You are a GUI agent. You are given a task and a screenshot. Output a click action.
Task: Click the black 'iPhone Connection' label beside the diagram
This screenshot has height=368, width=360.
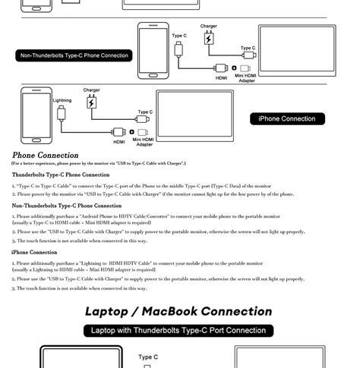click(287, 118)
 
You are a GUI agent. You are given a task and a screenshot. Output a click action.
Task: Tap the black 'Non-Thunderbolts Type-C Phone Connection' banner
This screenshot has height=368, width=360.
click(74, 55)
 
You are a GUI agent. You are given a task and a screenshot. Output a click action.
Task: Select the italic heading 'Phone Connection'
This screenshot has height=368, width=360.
click(45, 156)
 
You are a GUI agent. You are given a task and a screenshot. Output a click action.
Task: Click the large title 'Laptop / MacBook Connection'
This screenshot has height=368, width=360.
click(178, 311)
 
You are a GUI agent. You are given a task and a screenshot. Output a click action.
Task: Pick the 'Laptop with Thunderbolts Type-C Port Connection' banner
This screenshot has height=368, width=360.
click(178, 330)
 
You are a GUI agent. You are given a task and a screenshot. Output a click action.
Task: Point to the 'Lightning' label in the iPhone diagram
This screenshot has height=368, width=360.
click(62, 100)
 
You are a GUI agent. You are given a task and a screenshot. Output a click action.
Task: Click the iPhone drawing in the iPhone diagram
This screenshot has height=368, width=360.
click(36, 113)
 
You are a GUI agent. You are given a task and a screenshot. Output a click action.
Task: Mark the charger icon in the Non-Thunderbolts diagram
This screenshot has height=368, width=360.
click(209, 38)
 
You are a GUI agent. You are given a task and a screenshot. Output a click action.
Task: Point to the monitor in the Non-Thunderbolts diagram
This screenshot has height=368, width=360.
click(296, 52)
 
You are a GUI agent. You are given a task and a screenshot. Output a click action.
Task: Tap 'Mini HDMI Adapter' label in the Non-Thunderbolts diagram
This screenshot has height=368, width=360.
click(245, 77)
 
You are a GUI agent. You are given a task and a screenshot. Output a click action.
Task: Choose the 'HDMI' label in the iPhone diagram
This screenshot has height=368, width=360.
click(119, 142)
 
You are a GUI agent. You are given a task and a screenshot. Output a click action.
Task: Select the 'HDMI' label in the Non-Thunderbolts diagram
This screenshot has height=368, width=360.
click(221, 77)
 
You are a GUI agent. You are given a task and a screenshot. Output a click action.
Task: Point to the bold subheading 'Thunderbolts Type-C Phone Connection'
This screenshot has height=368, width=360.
click(61, 175)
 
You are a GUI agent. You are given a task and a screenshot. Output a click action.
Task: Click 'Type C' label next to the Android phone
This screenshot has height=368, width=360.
click(179, 36)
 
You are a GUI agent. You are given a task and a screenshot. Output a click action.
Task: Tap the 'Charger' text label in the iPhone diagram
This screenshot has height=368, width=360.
click(92, 90)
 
